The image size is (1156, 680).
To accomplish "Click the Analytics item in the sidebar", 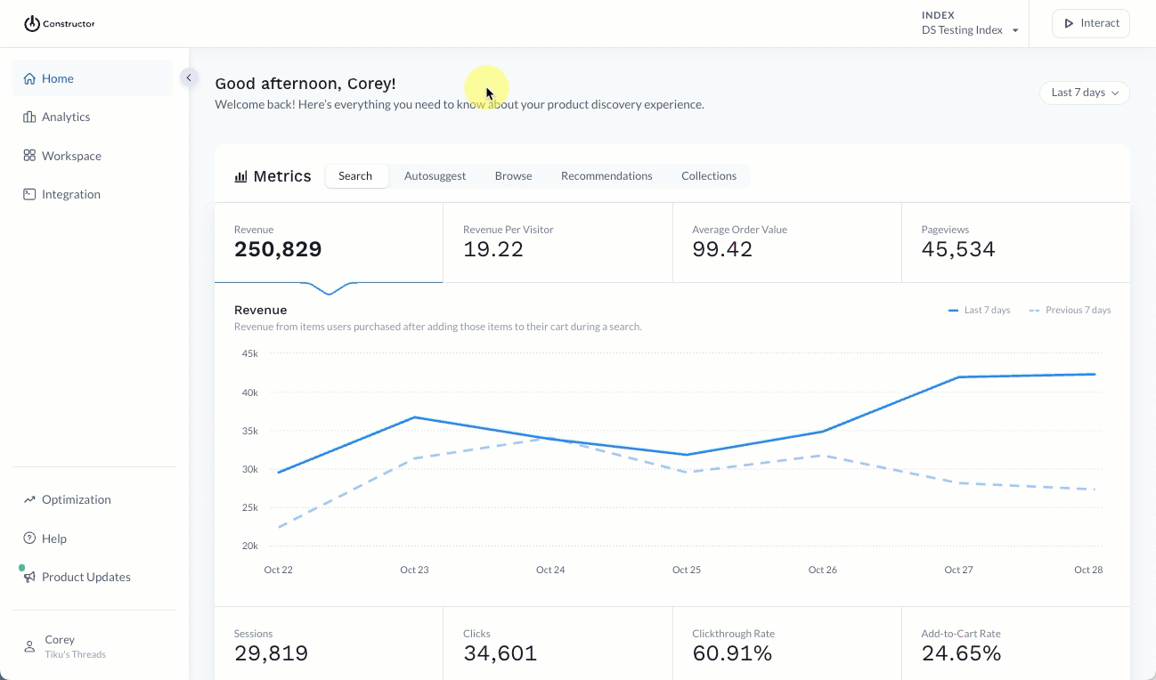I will pyautogui.click(x=65, y=117).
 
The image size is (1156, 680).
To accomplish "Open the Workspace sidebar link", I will pyautogui.click(x=70, y=156).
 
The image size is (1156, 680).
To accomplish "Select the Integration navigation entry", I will pyautogui.click(x=70, y=194).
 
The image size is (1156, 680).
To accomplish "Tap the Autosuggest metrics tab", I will pyautogui.click(x=435, y=176).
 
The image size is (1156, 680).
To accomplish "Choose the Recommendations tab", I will pyautogui.click(x=606, y=176).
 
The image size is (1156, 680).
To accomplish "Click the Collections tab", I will pyautogui.click(x=709, y=176).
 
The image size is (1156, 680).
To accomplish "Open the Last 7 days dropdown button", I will pyautogui.click(x=1084, y=93).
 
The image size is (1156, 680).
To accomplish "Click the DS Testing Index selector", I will pyautogui.click(x=969, y=30).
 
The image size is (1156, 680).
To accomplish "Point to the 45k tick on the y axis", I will pyautogui.click(x=249, y=353).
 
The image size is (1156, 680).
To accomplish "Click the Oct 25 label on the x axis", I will pyautogui.click(x=686, y=570).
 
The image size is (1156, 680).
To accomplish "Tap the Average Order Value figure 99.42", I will pyautogui.click(x=722, y=249).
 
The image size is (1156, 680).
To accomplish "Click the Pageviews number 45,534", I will pyautogui.click(x=957, y=249).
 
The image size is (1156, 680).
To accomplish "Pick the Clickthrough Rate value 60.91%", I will pyautogui.click(x=733, y=653).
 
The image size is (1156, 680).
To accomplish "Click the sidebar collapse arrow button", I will pyautogui.click(x=189, y=77).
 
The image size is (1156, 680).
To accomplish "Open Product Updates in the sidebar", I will pyautogui.click(x=85, y=577).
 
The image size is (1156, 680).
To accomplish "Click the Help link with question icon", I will pyautogui.click(x=53, y=538).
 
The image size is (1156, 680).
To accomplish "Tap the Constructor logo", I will pyautogui.click(x=59, y=24).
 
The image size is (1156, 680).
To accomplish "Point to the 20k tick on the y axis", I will pyautogui.click(x=249, y=546).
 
